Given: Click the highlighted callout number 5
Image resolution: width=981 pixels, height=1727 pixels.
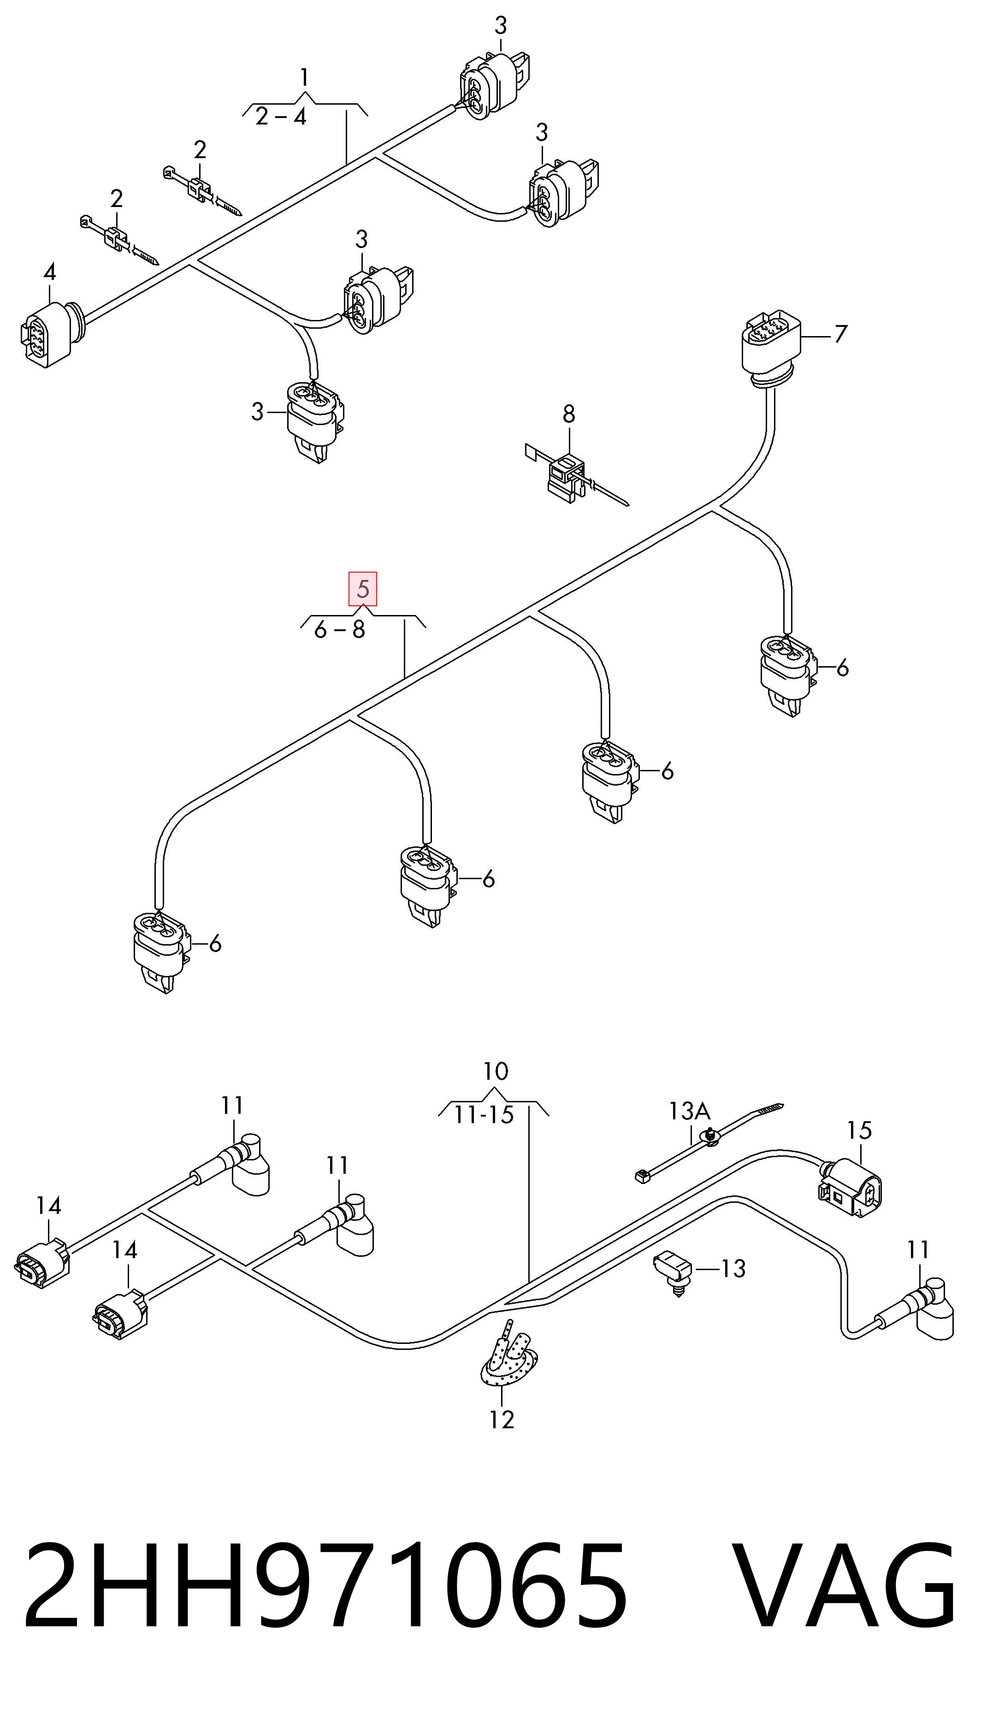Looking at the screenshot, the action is (362, 589).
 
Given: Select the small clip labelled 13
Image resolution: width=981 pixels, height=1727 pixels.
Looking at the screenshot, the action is (673, 1270).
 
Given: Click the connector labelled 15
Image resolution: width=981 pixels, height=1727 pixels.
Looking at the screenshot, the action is (850, 1189).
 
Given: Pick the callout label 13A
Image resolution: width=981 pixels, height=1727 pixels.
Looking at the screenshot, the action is (689, 1110).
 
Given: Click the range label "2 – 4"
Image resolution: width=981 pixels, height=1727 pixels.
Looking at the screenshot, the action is (281, 117).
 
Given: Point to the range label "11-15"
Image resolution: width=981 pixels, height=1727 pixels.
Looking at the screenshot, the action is (484, 1115).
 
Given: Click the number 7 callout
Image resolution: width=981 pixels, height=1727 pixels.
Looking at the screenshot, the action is (840, 333).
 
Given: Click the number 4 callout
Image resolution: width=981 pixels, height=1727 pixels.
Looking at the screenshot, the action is (49, 272).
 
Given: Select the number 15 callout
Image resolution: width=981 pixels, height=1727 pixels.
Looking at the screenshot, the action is (859, 1130).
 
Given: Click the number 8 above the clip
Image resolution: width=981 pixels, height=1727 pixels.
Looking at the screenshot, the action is (569, 414).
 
